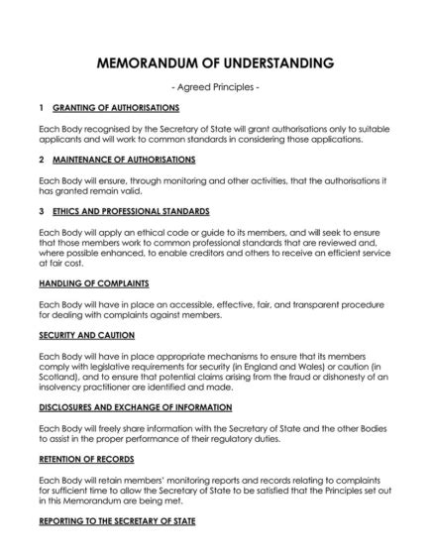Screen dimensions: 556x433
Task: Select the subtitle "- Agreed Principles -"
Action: point(216,87)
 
